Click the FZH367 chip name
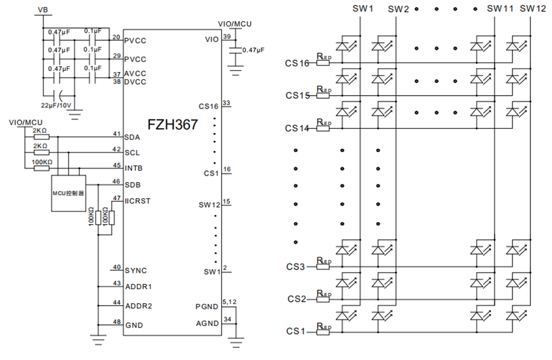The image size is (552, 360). click(x=172, y=124)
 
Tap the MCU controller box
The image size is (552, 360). click(x=69, y=193)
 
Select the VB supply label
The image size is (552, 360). click(x=43, y=10)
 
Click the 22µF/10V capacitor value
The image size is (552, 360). click(x=56, y=105)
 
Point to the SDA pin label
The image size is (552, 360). click(x=132, y=137)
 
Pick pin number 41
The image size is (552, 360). click(x=117, y=133)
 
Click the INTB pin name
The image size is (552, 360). click(x=134, y=169)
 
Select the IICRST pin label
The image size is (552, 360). click(x=138, y=201)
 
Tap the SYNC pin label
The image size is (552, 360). click(x=136, y=271)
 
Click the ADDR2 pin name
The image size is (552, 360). click(x=138, y=306)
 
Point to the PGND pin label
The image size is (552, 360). click(x=207, y=307)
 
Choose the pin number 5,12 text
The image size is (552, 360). click(x=230, y=302)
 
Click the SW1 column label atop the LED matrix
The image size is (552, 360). click(x=362, y=8)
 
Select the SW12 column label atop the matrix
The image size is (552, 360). click(x=533, y=8)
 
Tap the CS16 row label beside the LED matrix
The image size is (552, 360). click(x=297, y=63)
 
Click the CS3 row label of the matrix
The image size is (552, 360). click(x=295, y=267)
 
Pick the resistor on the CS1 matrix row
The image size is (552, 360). click(x=323, y=332)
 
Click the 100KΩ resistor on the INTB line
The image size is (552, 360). click(x=41, y=168)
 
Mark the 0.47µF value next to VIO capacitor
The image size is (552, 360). click(x=253, y=50)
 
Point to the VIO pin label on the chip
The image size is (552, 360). click(x=212, y=40)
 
